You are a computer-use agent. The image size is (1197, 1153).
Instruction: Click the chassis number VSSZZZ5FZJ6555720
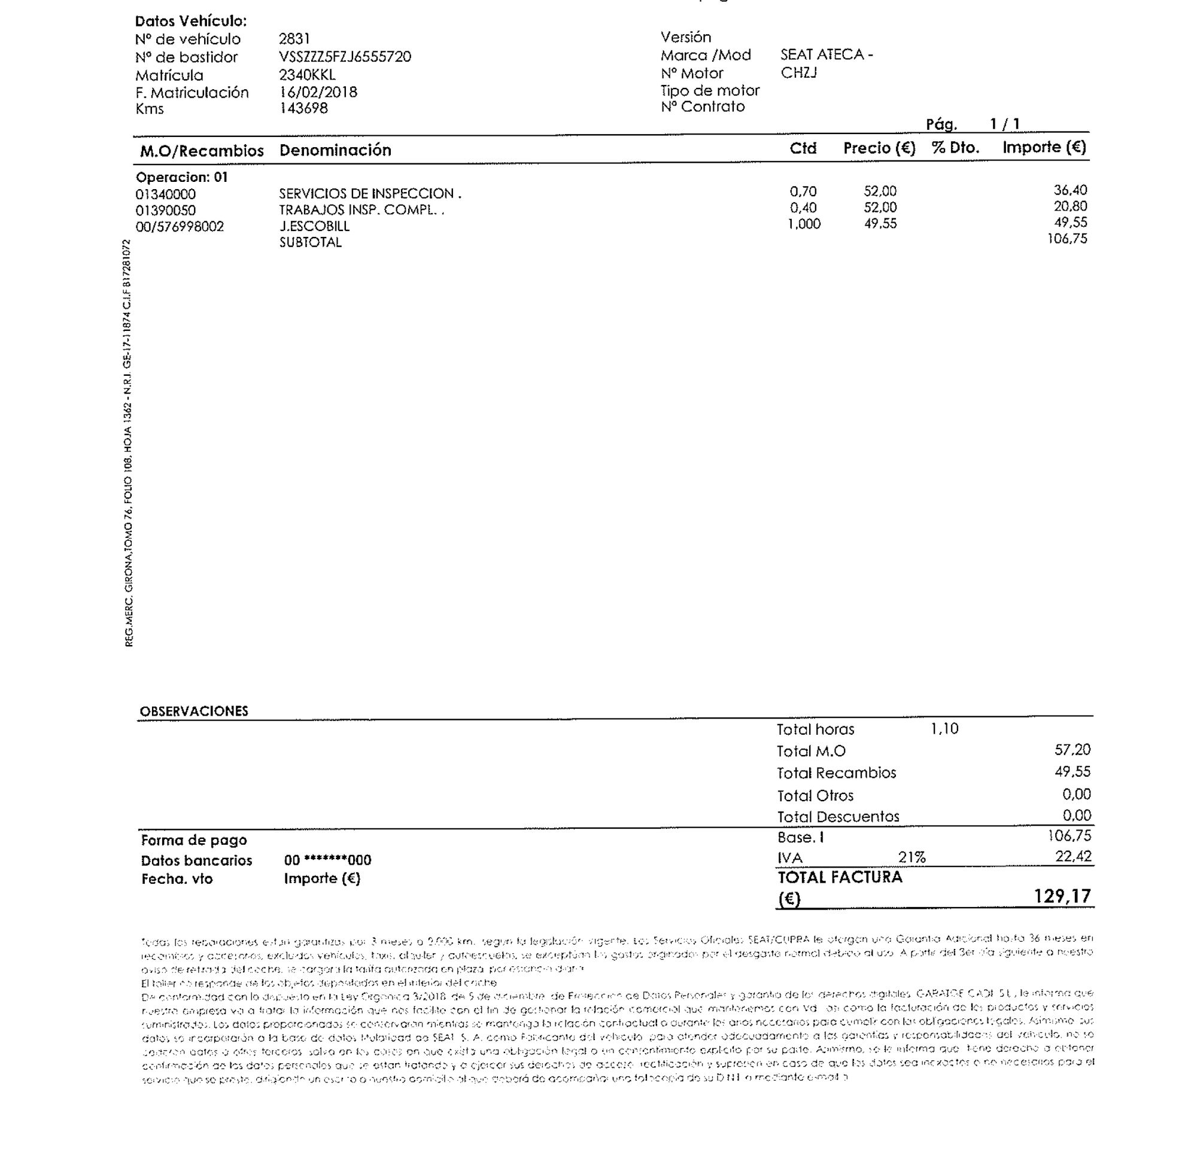[345, 57]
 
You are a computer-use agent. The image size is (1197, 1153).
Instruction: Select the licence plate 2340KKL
[306, 75]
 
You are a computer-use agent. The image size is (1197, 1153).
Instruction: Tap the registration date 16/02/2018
[318, 92]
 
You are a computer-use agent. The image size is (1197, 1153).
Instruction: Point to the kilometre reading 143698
[303, 108]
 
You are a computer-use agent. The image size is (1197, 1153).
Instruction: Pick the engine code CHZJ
[798, 72]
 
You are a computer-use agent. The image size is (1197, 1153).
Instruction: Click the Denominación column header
[335, 150]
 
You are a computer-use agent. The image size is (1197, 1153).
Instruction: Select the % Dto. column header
[955, 148]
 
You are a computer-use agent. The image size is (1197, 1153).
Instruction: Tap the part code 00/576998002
[180, 227]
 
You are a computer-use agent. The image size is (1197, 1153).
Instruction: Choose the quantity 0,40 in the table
[803, 208]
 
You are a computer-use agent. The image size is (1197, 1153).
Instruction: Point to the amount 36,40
[1070, 190]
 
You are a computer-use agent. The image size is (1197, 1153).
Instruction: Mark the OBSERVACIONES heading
[193, 711]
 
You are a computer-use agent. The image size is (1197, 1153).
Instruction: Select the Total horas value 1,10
[944, 729]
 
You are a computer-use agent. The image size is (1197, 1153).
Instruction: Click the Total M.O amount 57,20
[1072, 749]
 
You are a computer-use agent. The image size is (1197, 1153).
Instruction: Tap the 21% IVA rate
[911, 857]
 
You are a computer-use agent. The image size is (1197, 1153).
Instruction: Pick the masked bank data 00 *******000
[327, 860]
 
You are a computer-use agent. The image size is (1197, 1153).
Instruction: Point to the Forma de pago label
[193, 840]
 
